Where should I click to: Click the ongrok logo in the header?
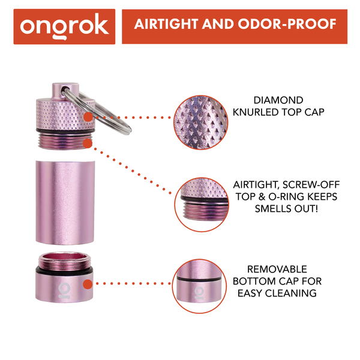pos(64,26)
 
